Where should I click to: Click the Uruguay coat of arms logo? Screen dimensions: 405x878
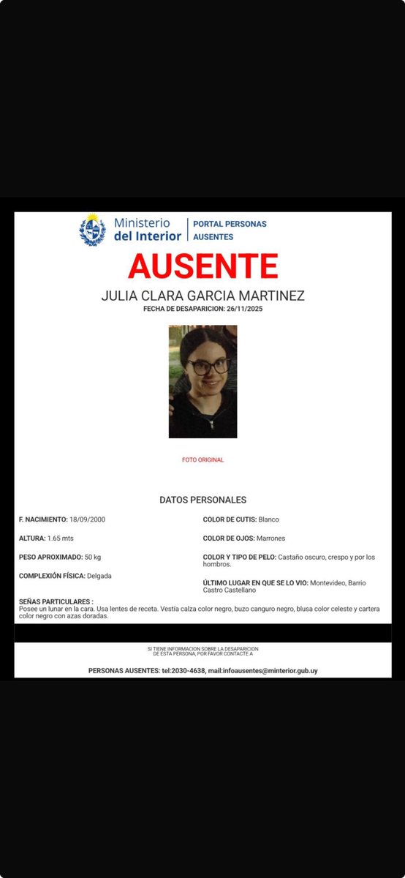(x=93, y=229)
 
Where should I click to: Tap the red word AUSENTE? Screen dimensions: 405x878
(x=202, y=266)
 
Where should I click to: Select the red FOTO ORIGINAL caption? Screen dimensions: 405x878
(x=202, y=460)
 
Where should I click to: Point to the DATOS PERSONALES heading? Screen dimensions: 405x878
(x=202, y=500)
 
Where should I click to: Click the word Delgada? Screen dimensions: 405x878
(x=99, y=576)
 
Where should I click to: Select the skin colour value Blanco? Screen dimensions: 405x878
(x=268, y=519)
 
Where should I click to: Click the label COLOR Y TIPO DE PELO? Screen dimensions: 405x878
(x=238, y=557)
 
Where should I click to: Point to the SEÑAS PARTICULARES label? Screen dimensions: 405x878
(x=56, y=601)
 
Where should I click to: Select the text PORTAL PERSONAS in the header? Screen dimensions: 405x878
(x=230, y=224)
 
